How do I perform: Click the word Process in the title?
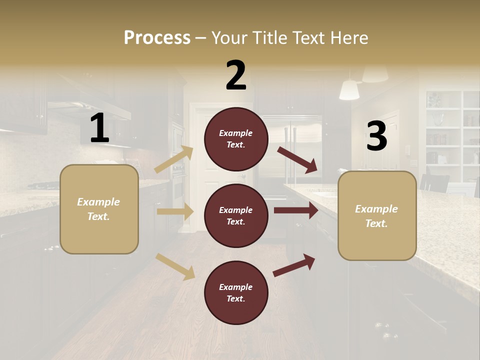pos(157,38)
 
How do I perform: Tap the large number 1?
pos(99,128)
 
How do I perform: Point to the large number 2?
pos(236,75)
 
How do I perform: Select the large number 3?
pos(376,136)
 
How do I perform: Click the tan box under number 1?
pos(99,209)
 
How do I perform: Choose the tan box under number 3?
pos(377,215)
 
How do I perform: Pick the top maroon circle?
pos(236,138)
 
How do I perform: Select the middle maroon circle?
pos(236,215)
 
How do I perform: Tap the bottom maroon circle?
pos(236,292)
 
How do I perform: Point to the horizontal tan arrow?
pos(174,211)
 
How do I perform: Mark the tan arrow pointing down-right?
pos(175,266)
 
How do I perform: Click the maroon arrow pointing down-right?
pos(297,160)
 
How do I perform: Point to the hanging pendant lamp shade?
pos(349,90)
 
